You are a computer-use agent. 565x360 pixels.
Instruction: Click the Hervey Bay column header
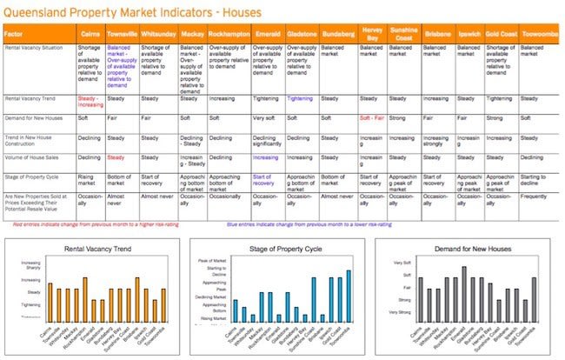click(x=370, y=36)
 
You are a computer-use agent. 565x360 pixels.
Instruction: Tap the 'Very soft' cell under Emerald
click(x=266, y=117)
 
